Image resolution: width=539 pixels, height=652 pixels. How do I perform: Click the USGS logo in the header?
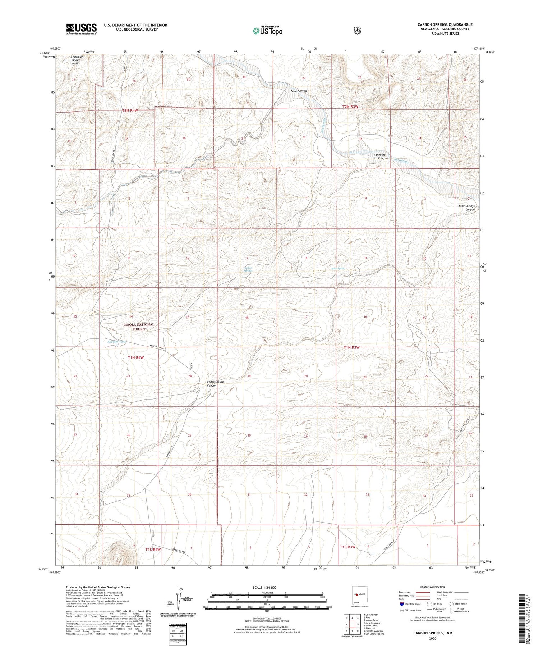(x=81, y=29)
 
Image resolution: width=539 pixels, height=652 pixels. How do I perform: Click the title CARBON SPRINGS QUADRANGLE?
(x=445, y=24)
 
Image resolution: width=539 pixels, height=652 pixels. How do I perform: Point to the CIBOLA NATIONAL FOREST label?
(x=139, y=327)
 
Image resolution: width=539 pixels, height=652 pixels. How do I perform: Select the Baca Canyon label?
(x=299, y=91)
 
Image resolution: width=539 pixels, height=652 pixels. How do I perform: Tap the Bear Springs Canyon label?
(x=466, y=208)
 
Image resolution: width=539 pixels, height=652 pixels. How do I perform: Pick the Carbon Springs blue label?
(x=248, y=269)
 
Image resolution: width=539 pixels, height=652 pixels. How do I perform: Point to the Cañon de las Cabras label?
(x=380, y=156)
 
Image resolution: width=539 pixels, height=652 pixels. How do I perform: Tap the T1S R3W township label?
(x=347, y=547)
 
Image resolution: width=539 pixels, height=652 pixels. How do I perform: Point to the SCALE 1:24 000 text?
(x=267, y=587)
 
